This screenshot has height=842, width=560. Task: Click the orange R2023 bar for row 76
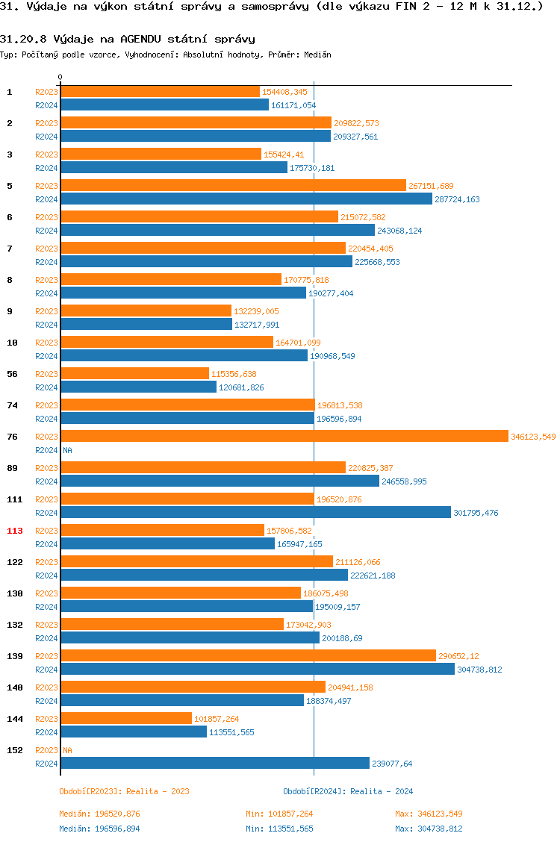pos(284,437)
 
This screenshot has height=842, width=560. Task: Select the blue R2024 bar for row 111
pos(255,513)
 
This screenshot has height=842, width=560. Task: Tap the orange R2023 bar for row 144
pos(126,719)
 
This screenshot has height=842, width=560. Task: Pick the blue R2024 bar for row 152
pos(215,764)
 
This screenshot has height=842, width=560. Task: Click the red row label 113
pos(15,531)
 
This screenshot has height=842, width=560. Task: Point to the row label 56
pos(13,374)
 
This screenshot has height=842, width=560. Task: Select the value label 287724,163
pos(458,199)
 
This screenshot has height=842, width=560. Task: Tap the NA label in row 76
pos(67,450)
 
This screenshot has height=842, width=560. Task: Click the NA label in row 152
pos(67,750)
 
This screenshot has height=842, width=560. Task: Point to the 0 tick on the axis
pos(60,77)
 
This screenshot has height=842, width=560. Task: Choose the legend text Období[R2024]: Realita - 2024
pos(348,791)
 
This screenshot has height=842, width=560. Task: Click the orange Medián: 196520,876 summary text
pos(99,814)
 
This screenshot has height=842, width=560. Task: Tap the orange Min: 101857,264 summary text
pos(279,814)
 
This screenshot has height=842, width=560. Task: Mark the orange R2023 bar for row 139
pos(248,656)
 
